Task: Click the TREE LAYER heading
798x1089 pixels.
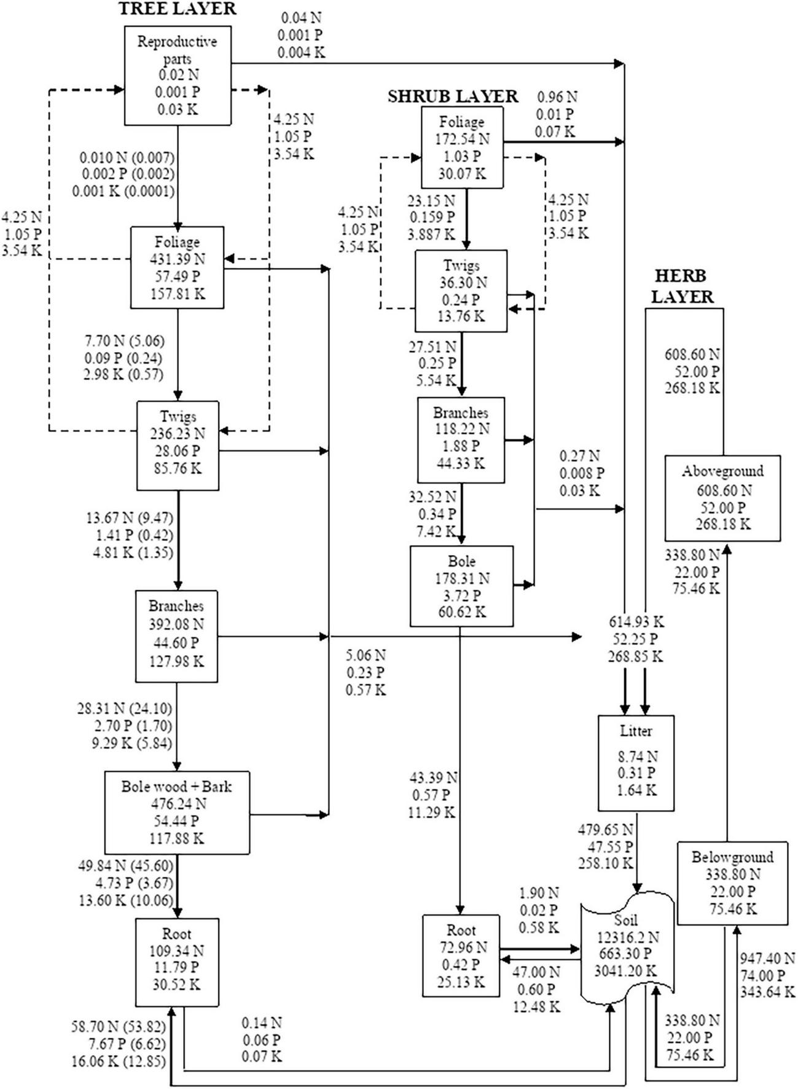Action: click(x=177, y=9)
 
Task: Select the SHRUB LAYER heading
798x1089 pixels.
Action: click(x=453, y=96)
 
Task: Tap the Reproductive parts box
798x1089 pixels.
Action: click(x=178, y=76)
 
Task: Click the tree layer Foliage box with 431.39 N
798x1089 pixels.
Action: click(x=177, y=267)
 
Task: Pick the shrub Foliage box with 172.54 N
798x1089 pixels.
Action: click(x=462, y=147)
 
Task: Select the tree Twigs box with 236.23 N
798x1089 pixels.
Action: click(x=178, y=446)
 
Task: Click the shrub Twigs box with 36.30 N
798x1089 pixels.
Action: click(x=461, y=291)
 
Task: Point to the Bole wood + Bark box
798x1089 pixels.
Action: click(x=177, y=812)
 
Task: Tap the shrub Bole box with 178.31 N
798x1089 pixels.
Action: click(x=461, y=586)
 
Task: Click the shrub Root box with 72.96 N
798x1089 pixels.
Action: click(x=461, y=956)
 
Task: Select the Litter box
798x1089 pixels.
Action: click(x=636, y=763)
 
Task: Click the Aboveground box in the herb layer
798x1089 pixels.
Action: click(x=722, y=498)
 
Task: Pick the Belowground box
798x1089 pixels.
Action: click(x=732, y=883)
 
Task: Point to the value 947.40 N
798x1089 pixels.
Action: click(x=767, y=958)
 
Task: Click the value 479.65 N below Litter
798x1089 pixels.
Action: click(x=605, y=830)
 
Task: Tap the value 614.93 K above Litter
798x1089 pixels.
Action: click(x=636, y=622)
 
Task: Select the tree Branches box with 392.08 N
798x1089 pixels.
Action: click(x=176, y=636)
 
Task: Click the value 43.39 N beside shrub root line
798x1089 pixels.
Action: click(x=432, y=778)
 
